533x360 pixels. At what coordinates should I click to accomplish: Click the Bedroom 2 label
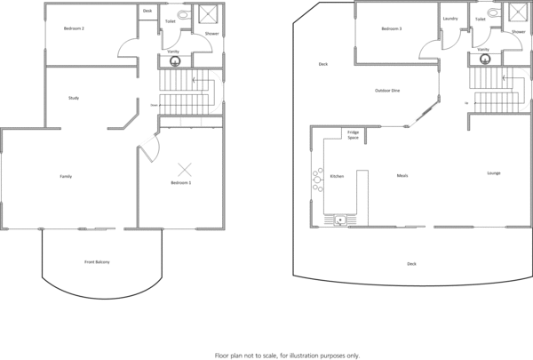point(74,29)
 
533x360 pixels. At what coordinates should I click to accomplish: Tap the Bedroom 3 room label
point(392,29)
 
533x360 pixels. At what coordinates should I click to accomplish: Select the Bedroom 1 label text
point(182,183)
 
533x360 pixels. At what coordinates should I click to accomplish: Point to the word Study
point(74,98)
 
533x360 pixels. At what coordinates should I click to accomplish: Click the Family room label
point(66,177)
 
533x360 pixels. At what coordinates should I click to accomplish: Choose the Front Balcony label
point(97,262)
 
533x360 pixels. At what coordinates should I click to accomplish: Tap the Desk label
point(147,11)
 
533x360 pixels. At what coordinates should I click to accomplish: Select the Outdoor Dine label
point(387,91)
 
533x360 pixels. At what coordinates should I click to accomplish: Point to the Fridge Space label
point(353,135)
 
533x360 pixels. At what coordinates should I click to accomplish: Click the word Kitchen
point(337,176)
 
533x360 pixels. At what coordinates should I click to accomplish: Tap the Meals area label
point(402,176)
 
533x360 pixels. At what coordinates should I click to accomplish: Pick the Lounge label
point(493,172)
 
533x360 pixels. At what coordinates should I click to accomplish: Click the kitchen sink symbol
point(338,219)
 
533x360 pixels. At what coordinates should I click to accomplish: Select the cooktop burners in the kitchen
point(316,181)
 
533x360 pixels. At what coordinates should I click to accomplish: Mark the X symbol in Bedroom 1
point(186,169)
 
